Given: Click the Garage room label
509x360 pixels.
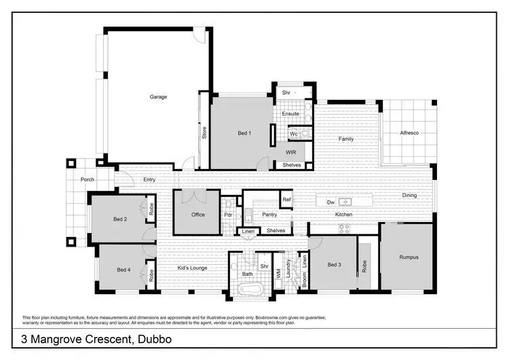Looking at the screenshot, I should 158,97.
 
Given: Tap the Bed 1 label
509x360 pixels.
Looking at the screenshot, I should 244,134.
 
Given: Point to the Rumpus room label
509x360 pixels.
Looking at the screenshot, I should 409,257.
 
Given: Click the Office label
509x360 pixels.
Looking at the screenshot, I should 197,215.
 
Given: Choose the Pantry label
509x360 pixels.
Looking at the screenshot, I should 270,215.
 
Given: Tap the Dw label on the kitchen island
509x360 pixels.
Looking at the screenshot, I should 331,202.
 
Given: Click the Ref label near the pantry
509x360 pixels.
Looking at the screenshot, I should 287,200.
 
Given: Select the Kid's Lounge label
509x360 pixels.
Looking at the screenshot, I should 192,268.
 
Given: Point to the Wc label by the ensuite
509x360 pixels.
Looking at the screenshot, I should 294,134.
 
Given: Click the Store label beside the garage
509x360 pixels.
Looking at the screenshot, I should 204,132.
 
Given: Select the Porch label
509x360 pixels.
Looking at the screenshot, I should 87,180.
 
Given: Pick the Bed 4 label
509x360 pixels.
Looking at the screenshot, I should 123,270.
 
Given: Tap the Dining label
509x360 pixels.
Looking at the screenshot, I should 409,196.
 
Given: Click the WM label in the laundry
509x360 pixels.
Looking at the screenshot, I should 278,272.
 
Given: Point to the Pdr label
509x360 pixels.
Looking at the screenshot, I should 229,215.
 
